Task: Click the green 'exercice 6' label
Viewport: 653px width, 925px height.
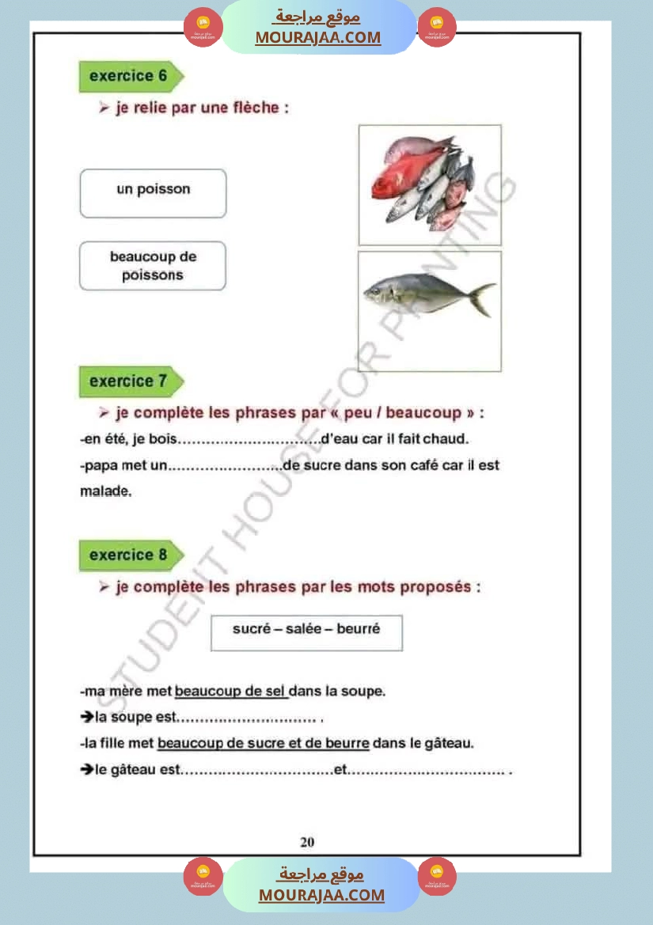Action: point(129,77)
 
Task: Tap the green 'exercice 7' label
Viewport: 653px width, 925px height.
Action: point(129,381)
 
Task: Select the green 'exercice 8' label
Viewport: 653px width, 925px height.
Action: point(129,555)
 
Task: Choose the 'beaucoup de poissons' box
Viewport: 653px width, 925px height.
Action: point(153,266)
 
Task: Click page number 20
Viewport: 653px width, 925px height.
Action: point(307,842)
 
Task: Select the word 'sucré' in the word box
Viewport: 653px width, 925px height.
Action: point(251,628)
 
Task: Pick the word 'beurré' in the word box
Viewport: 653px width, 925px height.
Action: point(359,628)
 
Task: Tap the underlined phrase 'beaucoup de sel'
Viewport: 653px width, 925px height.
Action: point(230,692)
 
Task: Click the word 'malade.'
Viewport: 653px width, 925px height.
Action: point(106,491)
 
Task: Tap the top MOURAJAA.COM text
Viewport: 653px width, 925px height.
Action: point(318,37)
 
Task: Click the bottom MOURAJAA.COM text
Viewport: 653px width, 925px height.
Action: point(321,895)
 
